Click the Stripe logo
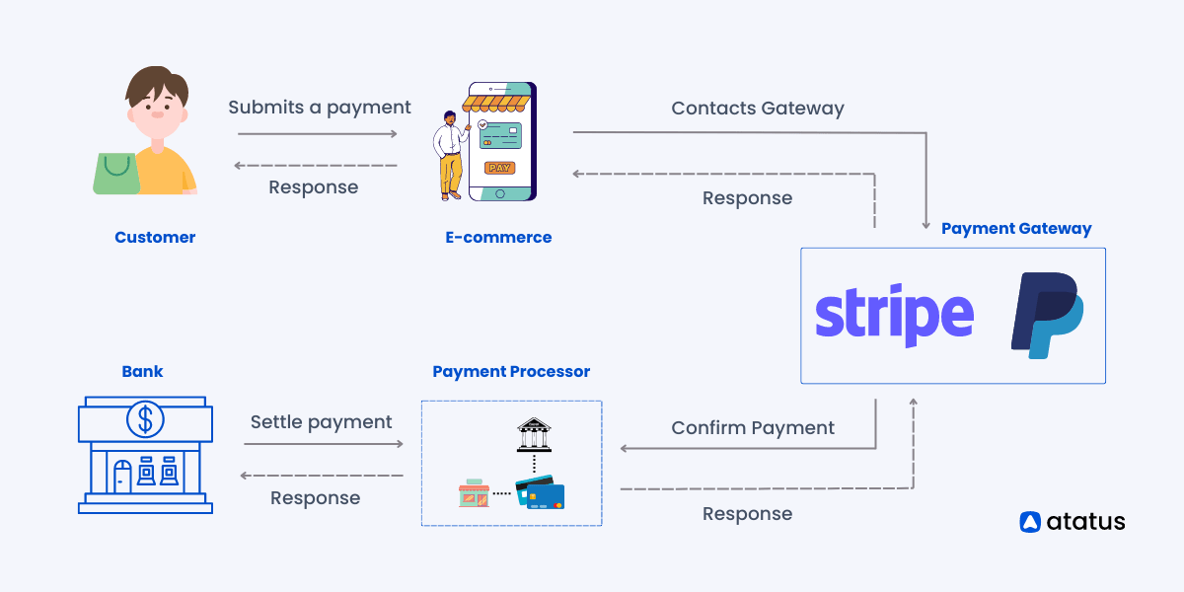(x=894, y=316)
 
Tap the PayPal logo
(x=1048, y=315)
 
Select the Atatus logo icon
(x=1030, y=522)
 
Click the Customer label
(x=155, y=238)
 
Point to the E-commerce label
(x=498, y=238)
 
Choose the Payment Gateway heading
(x=1016, y=228)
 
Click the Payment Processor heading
(x=511, y=372)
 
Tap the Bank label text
(x=142, y=372)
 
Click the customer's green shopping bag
(x=116, y=174)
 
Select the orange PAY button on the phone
(x=499, y=168)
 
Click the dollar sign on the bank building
(x=145, y=419)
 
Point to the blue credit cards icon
(x=541, y=492)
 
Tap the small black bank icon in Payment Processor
(x=534, y=434)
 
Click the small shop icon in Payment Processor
(x=474, y=493)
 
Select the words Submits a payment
(x=320, y=108)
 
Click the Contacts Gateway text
(x=758, y=109)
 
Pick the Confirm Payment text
(x=753, y=427)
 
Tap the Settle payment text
(x=321, y=422)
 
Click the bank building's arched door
(x=122, y=477)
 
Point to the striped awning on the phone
(x=496, y=104)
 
